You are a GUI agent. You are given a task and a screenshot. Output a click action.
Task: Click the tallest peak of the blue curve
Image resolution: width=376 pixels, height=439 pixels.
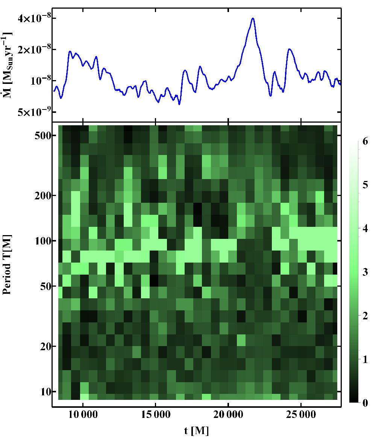253,18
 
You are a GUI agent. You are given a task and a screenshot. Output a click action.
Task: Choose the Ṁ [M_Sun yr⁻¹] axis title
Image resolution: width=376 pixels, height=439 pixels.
7,65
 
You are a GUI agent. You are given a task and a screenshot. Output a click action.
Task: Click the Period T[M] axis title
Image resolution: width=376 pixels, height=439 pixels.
7,264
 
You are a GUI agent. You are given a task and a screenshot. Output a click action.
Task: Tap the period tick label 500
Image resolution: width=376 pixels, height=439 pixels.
43,136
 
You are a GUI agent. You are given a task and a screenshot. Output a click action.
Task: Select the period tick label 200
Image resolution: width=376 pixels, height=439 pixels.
43,196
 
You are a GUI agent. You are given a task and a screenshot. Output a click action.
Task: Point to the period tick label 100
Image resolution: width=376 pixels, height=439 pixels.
43,241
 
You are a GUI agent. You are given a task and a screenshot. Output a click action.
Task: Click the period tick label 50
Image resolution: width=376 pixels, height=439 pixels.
46,286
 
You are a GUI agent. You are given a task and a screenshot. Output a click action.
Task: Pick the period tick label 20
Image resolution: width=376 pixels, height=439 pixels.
46,346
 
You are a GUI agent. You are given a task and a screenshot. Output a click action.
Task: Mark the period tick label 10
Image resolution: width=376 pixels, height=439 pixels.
46,391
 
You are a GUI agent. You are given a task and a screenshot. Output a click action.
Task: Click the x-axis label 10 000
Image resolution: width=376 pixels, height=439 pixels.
83,415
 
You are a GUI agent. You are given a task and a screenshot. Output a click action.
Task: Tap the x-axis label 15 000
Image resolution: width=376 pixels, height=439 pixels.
156,415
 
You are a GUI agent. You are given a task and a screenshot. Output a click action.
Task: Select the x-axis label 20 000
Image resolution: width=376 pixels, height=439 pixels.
228,415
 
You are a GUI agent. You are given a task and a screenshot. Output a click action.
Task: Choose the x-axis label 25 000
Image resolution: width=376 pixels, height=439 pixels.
301,415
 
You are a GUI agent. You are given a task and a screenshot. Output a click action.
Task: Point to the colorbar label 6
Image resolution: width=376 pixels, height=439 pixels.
365,141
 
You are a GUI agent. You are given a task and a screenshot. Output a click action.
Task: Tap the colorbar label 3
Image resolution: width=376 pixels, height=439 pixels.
365,272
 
